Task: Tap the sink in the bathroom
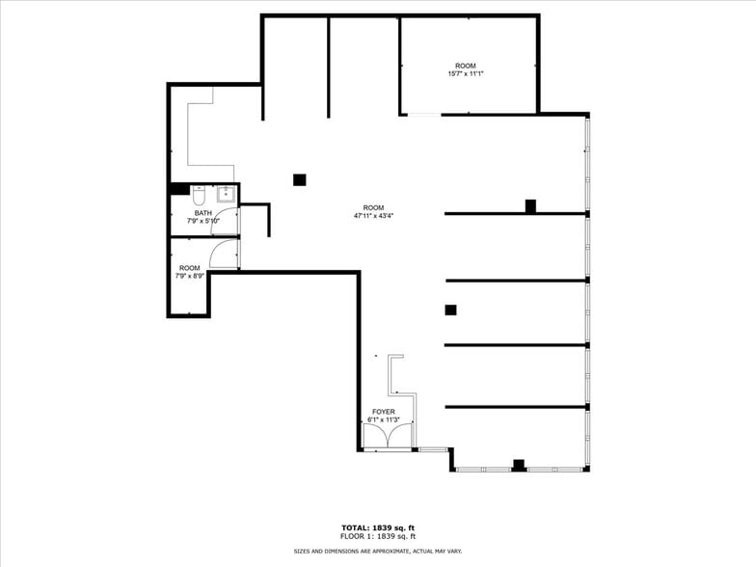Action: click(x=225, y=193)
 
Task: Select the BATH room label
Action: click(x=203, y=213)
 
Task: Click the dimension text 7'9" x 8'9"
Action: click(x=189, y=276)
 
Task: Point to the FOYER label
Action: click(x=383, y=412)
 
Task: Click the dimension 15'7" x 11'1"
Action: click(x=465, y=74)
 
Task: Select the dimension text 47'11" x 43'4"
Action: click(x=373, y=216)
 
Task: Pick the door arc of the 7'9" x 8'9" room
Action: click(x=222, y=254)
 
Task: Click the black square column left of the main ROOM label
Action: click(x=300, y=179)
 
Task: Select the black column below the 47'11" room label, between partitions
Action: click(x=450, y=310)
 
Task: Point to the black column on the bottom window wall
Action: click(x=519, y=465)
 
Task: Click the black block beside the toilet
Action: click(x=179, y=189)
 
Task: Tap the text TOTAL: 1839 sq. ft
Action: click(x=378, y=527)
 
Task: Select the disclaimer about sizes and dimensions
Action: click(x=378, y=551)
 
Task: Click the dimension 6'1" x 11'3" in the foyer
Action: click(x=383, y=420)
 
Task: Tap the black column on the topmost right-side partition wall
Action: click(x=530, y=205)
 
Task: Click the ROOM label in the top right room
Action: click(x=465, y=66)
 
